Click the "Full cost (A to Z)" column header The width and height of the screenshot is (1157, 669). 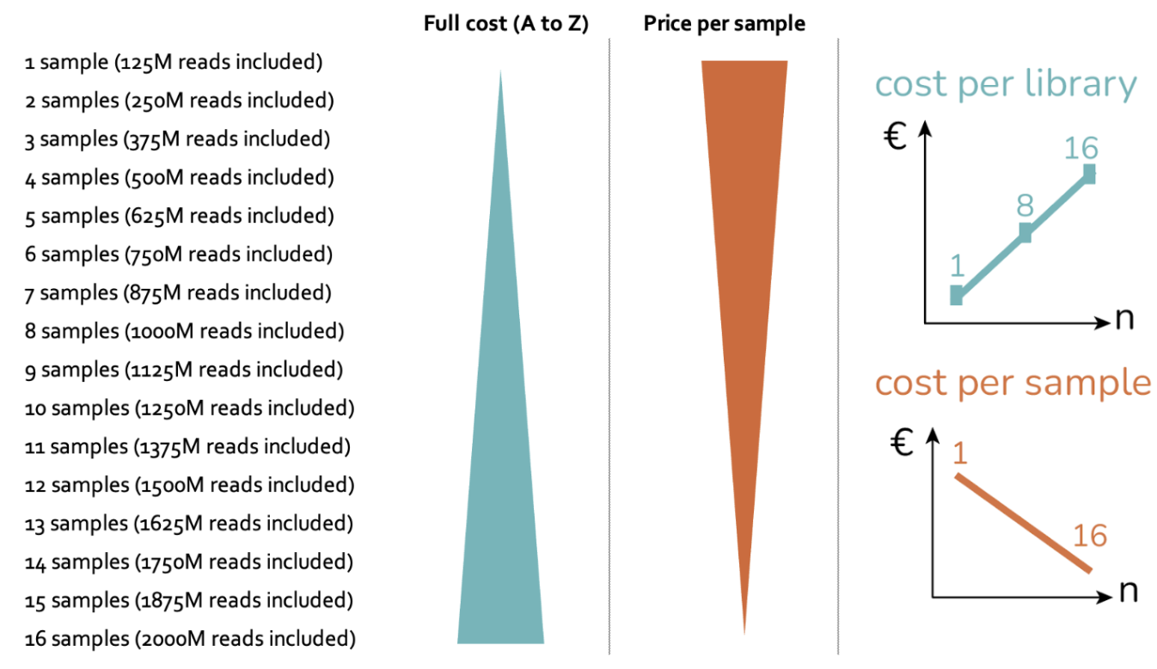505,24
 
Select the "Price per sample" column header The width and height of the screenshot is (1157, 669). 724,24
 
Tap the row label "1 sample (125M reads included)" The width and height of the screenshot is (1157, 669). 174,62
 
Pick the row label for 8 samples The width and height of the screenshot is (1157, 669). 184,331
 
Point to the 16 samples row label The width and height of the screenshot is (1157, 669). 190,639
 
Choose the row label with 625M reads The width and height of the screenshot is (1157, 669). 178,216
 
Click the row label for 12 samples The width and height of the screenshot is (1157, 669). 189,485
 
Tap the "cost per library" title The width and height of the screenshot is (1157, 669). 1006,84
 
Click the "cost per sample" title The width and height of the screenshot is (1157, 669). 1013,382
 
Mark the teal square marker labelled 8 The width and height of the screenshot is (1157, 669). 1025,232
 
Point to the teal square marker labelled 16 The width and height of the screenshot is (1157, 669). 1089,173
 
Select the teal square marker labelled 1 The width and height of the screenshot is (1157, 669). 957,296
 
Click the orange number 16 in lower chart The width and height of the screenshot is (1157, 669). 1090,536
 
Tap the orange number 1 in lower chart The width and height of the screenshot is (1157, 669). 960,451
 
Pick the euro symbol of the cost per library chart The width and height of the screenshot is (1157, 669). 896,136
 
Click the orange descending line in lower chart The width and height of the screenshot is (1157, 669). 1023,523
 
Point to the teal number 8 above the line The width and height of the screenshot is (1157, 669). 1024,206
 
